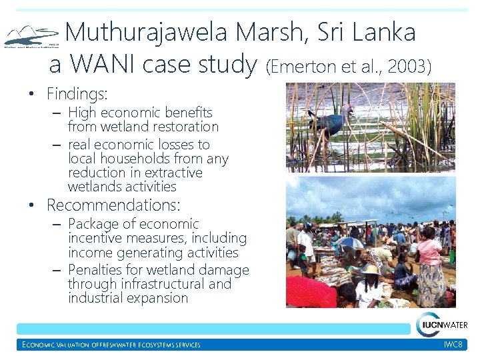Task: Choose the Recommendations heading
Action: pos(113,205)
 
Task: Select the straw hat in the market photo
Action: pos(369,269)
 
